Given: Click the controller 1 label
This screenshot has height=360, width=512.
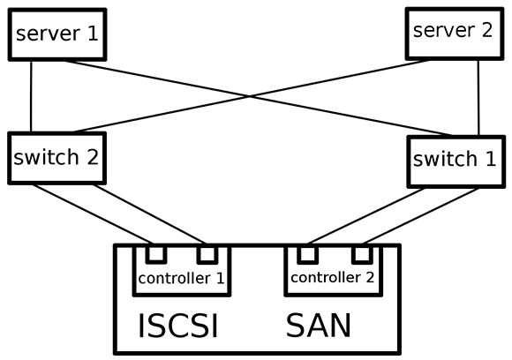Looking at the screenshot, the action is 181,279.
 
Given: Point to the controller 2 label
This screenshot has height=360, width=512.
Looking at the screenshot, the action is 333,277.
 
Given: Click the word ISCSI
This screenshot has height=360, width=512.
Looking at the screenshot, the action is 178,326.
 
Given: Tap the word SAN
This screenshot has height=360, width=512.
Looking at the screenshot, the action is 319,326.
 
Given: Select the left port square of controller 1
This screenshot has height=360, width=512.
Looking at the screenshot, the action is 156,254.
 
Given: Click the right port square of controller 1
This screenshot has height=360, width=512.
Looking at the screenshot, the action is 207,254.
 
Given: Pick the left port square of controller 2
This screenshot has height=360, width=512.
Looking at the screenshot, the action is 307,254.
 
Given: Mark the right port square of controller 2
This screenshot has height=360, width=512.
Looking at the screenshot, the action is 362,254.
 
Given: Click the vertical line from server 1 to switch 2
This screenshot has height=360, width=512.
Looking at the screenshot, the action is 32,96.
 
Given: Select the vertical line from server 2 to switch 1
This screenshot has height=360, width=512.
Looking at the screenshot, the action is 478,98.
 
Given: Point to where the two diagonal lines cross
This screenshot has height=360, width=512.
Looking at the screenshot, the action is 250,96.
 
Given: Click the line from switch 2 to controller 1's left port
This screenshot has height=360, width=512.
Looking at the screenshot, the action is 93,214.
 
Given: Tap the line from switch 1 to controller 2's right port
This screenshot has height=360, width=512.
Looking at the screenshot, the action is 421,216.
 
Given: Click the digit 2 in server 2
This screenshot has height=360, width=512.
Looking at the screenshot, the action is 486,30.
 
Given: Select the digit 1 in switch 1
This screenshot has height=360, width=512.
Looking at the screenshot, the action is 491,159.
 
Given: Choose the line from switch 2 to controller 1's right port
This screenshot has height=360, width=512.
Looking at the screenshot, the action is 149,214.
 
